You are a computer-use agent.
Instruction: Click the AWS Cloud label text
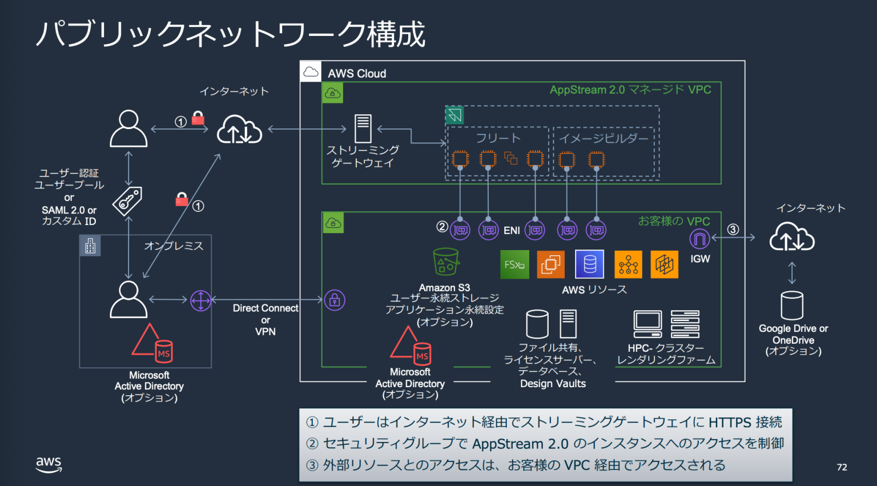357,74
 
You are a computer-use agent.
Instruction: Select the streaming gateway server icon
363,128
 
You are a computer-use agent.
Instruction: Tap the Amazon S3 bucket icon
445,262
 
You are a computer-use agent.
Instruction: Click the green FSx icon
514,264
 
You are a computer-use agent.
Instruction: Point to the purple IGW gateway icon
699,239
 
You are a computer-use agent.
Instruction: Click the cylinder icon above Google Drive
792,306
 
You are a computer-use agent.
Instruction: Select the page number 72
842,467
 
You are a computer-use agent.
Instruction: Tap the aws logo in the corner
49,464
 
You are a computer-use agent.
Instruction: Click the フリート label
498,138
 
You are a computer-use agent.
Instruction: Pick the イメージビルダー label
604,138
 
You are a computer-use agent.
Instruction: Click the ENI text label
512,231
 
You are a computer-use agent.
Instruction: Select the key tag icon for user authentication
127,200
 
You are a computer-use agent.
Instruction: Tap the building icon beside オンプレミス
90,246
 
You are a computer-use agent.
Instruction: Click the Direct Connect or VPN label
265,320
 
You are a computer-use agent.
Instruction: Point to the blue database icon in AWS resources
590,264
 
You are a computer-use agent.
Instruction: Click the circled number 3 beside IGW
733,230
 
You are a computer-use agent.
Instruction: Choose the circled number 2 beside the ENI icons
442,227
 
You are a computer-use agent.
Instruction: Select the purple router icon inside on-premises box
200,300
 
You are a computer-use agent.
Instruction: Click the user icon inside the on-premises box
128,299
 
